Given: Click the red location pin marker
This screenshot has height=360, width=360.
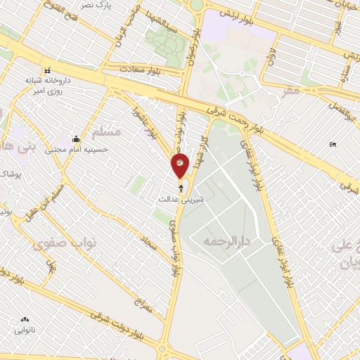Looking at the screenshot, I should pos(181,165).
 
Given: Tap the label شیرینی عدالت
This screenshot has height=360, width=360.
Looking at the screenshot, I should pos(182,200).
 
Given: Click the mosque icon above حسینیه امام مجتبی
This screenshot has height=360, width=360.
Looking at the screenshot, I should pos(75,138).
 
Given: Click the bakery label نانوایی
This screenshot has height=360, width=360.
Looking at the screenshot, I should pos(25,329).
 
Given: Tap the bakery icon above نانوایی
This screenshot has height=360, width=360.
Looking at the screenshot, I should pos(25,319).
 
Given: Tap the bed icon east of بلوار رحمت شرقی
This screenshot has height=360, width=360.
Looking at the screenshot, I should pos(333,145).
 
